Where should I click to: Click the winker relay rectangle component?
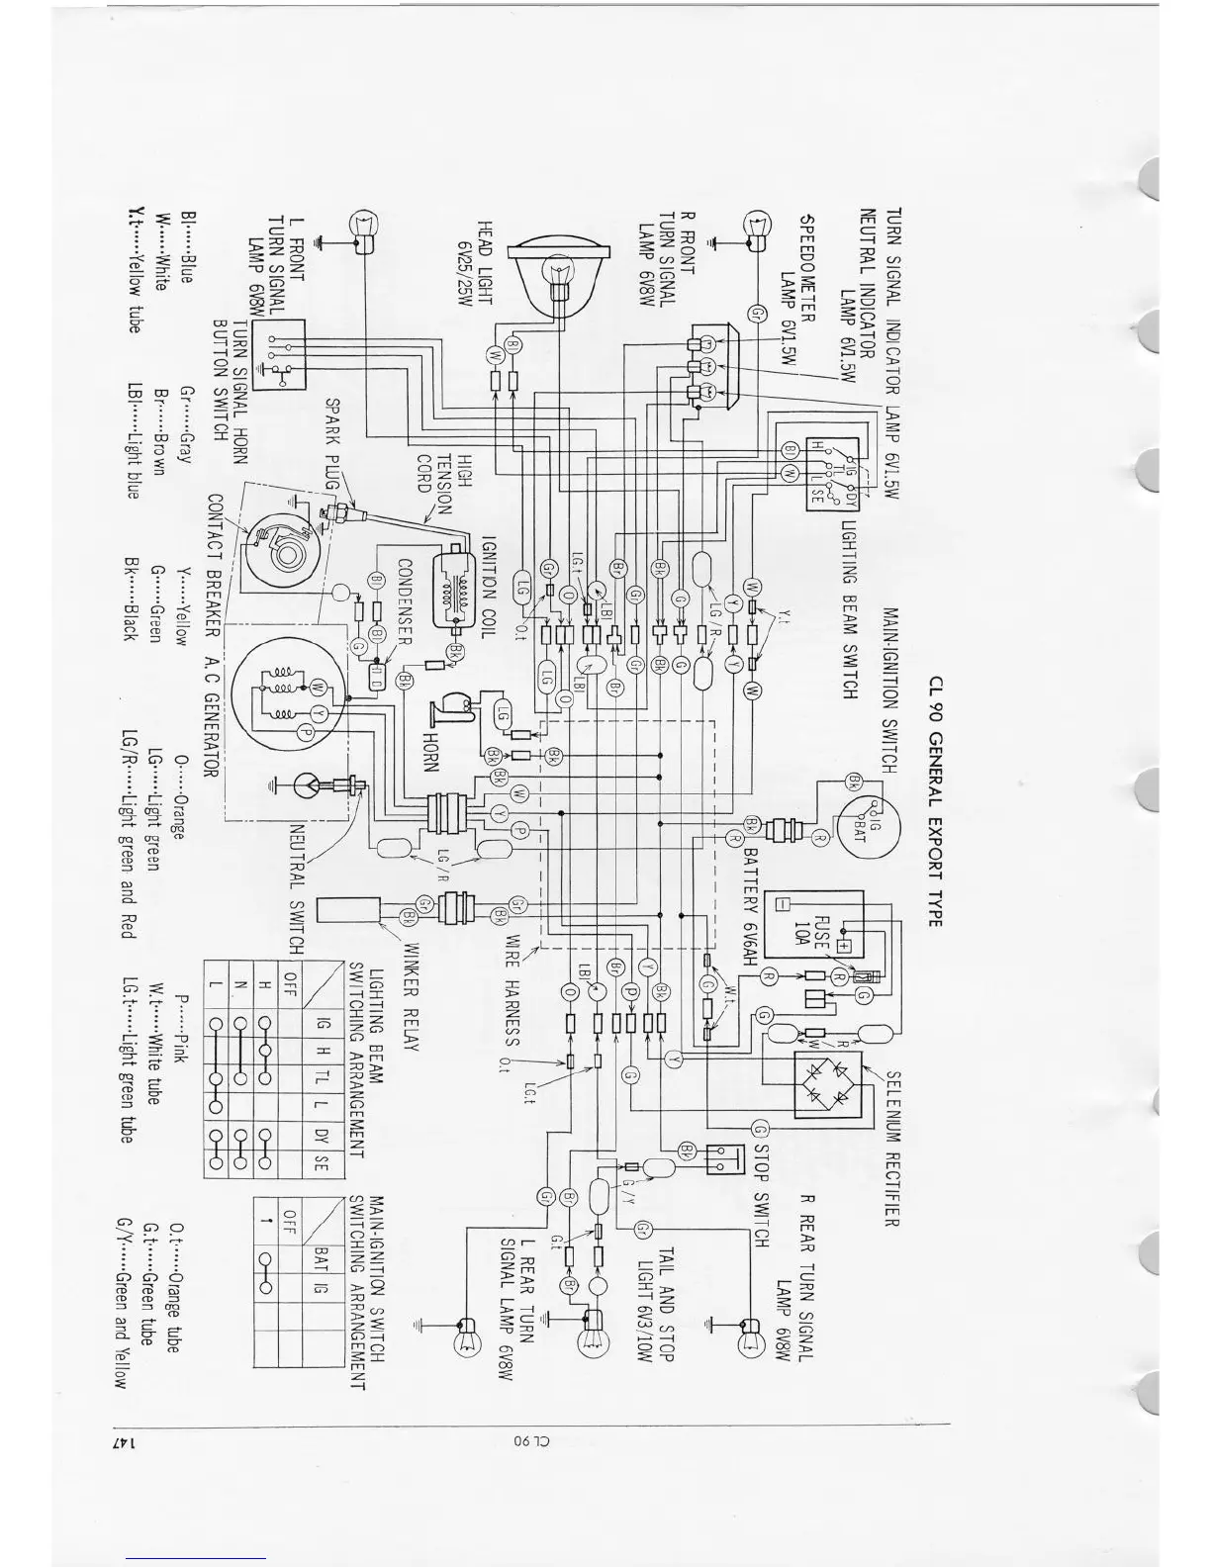[x=347, y=907]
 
